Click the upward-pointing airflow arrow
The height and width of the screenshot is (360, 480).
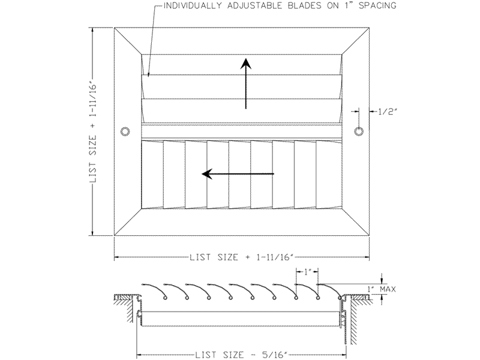[x=245, y=83]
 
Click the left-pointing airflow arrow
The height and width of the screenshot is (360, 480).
[x=238, y=174]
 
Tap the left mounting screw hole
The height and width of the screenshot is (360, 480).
[x=125, y=131]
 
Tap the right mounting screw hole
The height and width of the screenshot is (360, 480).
[x=359, y=131]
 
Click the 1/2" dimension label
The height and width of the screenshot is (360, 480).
[x=387, y=112]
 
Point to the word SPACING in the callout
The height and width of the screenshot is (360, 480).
[x=377, y=5]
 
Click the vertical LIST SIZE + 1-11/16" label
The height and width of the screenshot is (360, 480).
[x=94, y=132]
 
